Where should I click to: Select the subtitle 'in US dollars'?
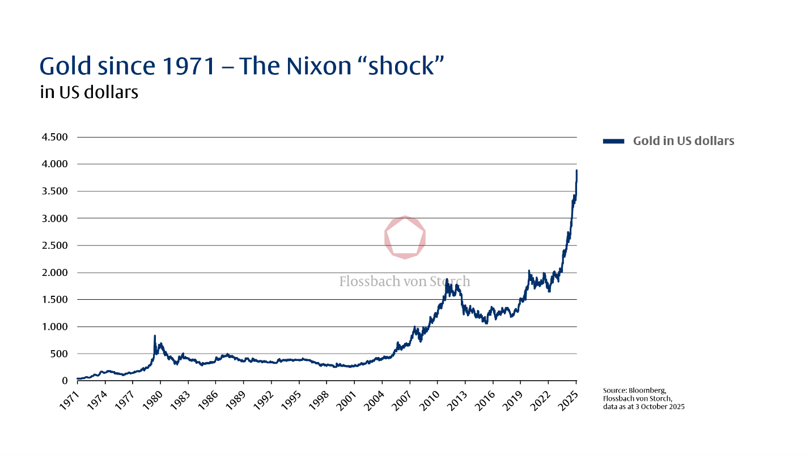tap(89, 92)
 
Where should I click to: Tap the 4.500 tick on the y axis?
tap(55, 137)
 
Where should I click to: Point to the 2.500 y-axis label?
tap(55, 245)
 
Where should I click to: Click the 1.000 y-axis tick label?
tap(55, 327)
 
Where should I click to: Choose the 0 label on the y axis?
tap(64, 381)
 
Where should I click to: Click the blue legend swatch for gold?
tap(613, 141)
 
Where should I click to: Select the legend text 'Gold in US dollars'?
tap(683, 141)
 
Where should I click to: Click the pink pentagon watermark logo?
tap(405, 237)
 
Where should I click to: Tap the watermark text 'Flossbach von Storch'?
tap(405, 281)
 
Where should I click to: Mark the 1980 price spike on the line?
tap(155, 336)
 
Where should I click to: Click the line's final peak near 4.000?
tap(576, 171)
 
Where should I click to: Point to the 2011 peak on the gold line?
tap(447, 279)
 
